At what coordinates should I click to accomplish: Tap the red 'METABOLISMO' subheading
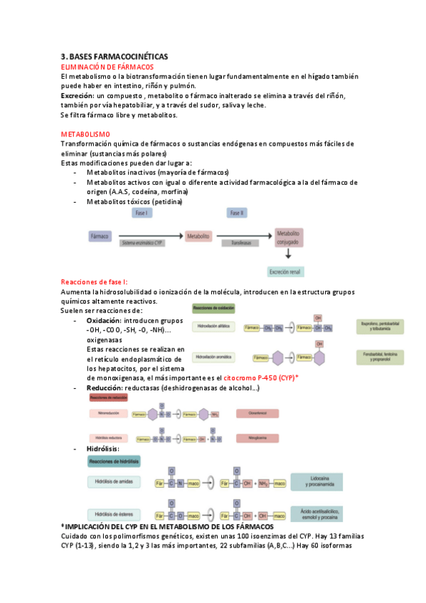coord(85,134)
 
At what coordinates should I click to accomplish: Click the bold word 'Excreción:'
coord(77,95)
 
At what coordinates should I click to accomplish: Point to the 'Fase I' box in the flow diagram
coord(141,213)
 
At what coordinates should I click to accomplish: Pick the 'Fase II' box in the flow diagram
coord(237,213)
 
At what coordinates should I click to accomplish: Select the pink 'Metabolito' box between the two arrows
coord(198,235)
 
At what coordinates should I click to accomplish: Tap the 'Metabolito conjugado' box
coord(289,238)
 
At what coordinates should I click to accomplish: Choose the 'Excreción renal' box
coord(287,271)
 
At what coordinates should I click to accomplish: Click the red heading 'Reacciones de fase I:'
coord(94,282)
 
